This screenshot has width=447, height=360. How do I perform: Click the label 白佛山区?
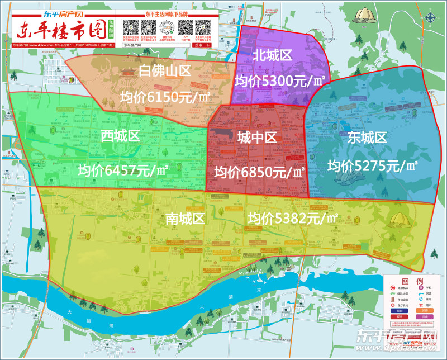(x=165, y=71)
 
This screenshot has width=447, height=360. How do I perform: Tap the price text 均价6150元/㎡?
(x=165, y=97)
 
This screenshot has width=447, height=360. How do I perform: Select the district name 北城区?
(x=273, y=55)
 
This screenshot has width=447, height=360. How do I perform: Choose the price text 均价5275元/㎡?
(x=373, y=165)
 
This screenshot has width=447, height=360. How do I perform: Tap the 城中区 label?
(x=257, y=138)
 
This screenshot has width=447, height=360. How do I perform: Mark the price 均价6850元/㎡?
(x=260, y=172)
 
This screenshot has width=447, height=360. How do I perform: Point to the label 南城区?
(x=186, y=219)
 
